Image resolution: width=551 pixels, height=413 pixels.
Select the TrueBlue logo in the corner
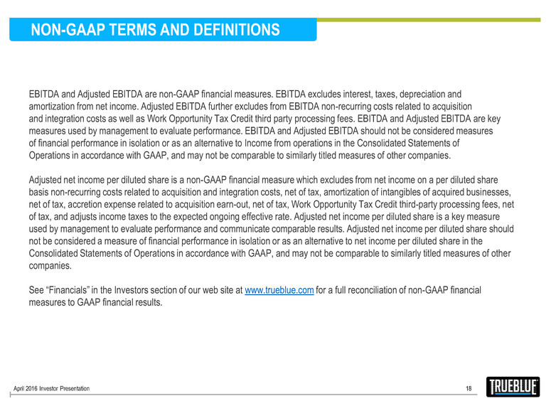coord(513,387)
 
